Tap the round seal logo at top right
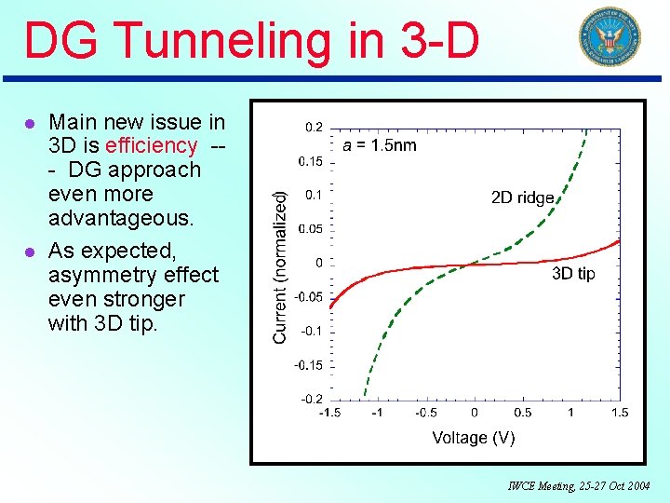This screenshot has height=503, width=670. coord(610,37)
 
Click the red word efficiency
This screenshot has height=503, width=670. coord(152,145)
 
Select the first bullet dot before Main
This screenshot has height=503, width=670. coord(30,123)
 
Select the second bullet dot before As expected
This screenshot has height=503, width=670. coord(30,251)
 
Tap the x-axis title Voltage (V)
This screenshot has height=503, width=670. coord(473,437)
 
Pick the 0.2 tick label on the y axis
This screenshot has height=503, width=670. coord(314,127)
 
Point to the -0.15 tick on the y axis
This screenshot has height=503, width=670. coord(310,365)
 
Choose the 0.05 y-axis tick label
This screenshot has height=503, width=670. coord(311,229)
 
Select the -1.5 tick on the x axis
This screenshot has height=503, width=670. coord(329,413)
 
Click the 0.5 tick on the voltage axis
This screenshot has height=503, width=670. coord(523,413)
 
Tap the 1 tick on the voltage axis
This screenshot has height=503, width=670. coord(571,413)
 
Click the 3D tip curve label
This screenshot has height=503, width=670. coord(573,273)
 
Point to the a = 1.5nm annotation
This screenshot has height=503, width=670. coord(380,144)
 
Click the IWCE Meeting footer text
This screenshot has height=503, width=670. coord(579,486)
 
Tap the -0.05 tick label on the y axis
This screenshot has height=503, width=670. coord(310,297)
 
